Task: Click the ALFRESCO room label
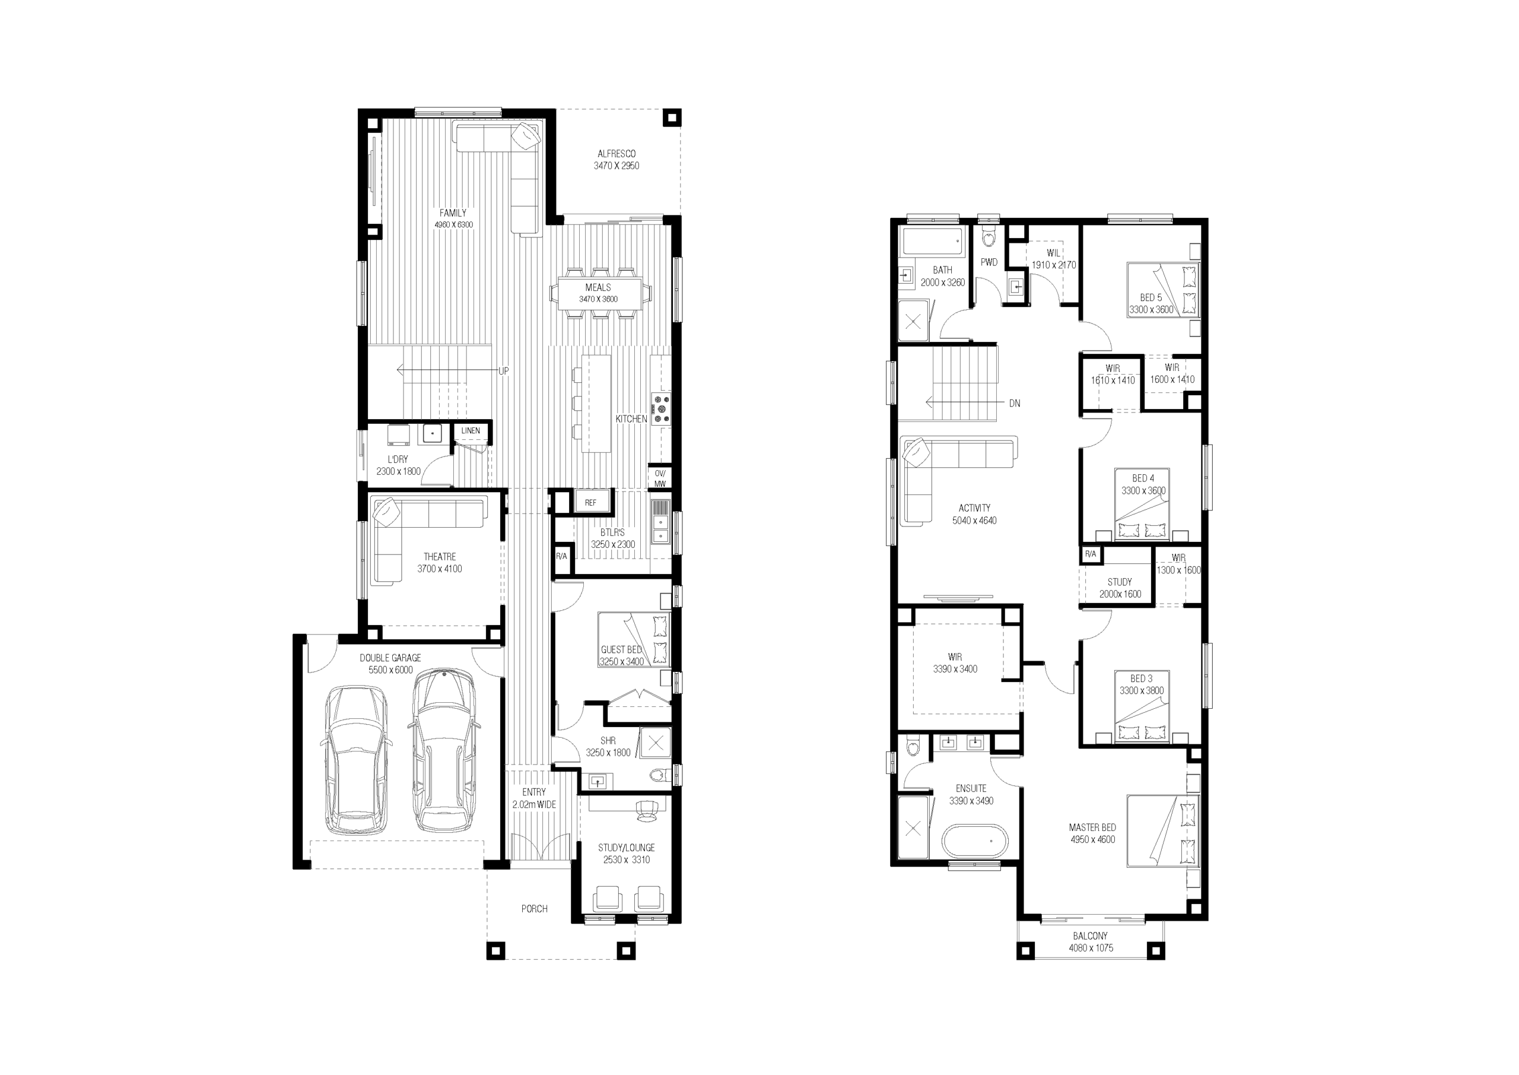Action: point(617,154)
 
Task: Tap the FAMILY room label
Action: point(453,213)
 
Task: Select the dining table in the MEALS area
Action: point(599,293)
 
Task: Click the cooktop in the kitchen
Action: point(661,409)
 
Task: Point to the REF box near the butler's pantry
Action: point(591,502)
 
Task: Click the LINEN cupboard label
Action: point(471,430)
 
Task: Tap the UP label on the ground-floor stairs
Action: point(504,372)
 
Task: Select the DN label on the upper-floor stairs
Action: point(1014,403)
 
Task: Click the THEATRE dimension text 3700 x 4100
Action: point(439,569)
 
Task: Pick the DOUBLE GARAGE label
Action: point(390,658)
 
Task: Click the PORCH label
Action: point(535,909)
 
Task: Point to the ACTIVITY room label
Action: point(974,508)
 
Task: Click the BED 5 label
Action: point(1151,298)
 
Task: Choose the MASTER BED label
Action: point(1092,827)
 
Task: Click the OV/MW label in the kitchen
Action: point(660,478)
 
